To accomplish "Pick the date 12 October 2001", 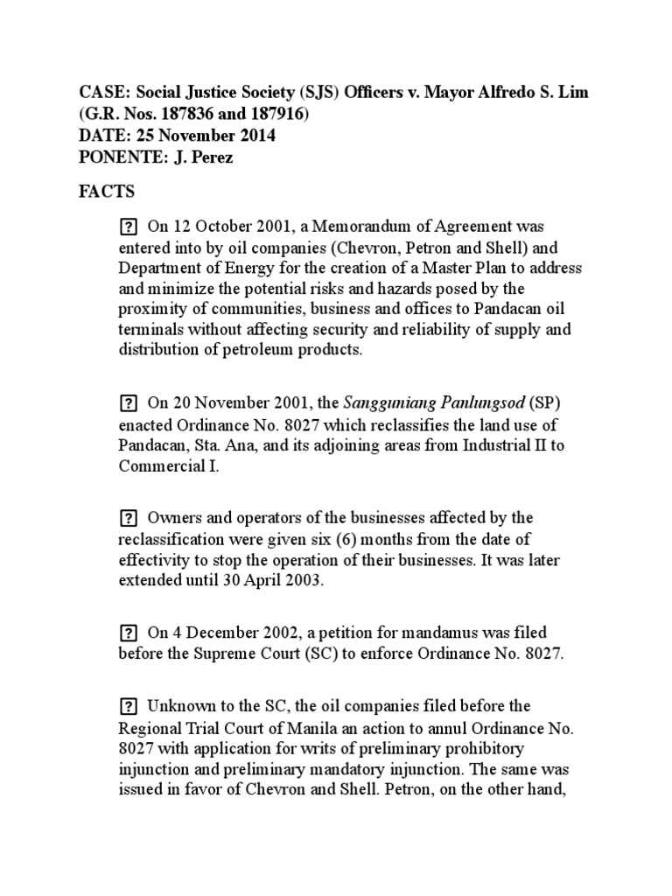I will (220, 227).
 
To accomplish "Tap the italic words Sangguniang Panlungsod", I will (433, 404).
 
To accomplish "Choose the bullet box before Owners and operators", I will (128, 518).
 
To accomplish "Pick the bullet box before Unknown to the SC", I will (128, 706).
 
